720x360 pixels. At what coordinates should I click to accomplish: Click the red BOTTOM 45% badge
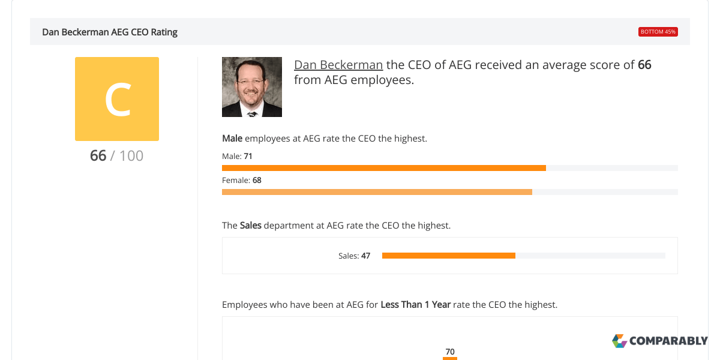[x=658, y=32]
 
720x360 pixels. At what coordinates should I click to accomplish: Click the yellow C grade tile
[x=117, y=99]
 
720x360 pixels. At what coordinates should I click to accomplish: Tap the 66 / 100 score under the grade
[x=117, y=156]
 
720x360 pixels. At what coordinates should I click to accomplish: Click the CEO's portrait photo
[x=252, y=87]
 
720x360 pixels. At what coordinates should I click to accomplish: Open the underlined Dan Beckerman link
[x=338, y=65]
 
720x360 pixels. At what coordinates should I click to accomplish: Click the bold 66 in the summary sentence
[x=644, y=65]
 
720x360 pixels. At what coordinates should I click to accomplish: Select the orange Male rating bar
[x=384, y=168]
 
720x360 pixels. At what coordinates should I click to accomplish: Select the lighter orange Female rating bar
[x=377, y=192]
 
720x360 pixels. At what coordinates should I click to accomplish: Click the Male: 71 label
[x=237, y=156]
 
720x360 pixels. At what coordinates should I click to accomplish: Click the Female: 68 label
[x=242, y=180]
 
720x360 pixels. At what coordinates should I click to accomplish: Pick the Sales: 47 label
[x=354, y=256]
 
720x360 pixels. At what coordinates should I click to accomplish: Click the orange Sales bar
[x=449, y=256]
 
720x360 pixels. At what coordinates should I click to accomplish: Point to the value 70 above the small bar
[x=450, y=352]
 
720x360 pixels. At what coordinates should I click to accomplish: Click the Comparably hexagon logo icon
[x=619, y=341]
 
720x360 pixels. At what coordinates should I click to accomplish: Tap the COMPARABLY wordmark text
[x=668, y=341]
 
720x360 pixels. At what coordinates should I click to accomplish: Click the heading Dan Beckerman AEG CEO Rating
[x=110, y=32]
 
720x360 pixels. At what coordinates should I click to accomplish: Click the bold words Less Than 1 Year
[x=415, y=304]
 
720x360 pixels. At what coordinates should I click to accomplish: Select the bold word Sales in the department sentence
[x=251, y=226]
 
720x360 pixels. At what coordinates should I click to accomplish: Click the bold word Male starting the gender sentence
[x=232, y=138]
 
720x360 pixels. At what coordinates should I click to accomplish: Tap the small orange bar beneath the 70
[x=450, y=358]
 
